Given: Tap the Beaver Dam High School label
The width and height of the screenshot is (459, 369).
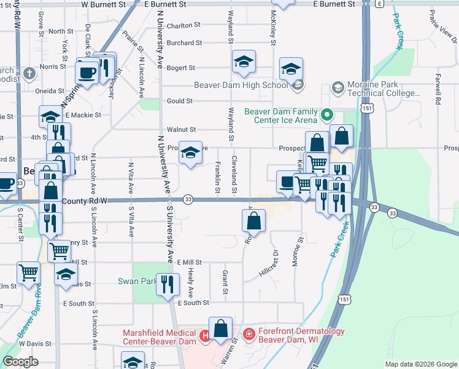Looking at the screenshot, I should (241, 85).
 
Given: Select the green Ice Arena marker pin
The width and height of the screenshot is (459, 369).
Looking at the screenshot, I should (327, 114).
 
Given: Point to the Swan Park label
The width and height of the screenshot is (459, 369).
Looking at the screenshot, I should (136, 282).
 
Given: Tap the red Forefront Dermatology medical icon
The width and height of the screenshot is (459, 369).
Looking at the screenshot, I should (249, 335).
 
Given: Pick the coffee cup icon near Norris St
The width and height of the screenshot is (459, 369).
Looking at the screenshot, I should (87, 73).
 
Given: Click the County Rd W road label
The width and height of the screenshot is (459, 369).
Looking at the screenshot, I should (84, 200).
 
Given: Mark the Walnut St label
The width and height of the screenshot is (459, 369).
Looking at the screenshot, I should (181, 130).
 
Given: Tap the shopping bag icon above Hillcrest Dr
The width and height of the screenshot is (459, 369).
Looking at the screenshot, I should (253, 220).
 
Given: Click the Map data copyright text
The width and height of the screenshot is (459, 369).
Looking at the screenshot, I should (420, 364).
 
